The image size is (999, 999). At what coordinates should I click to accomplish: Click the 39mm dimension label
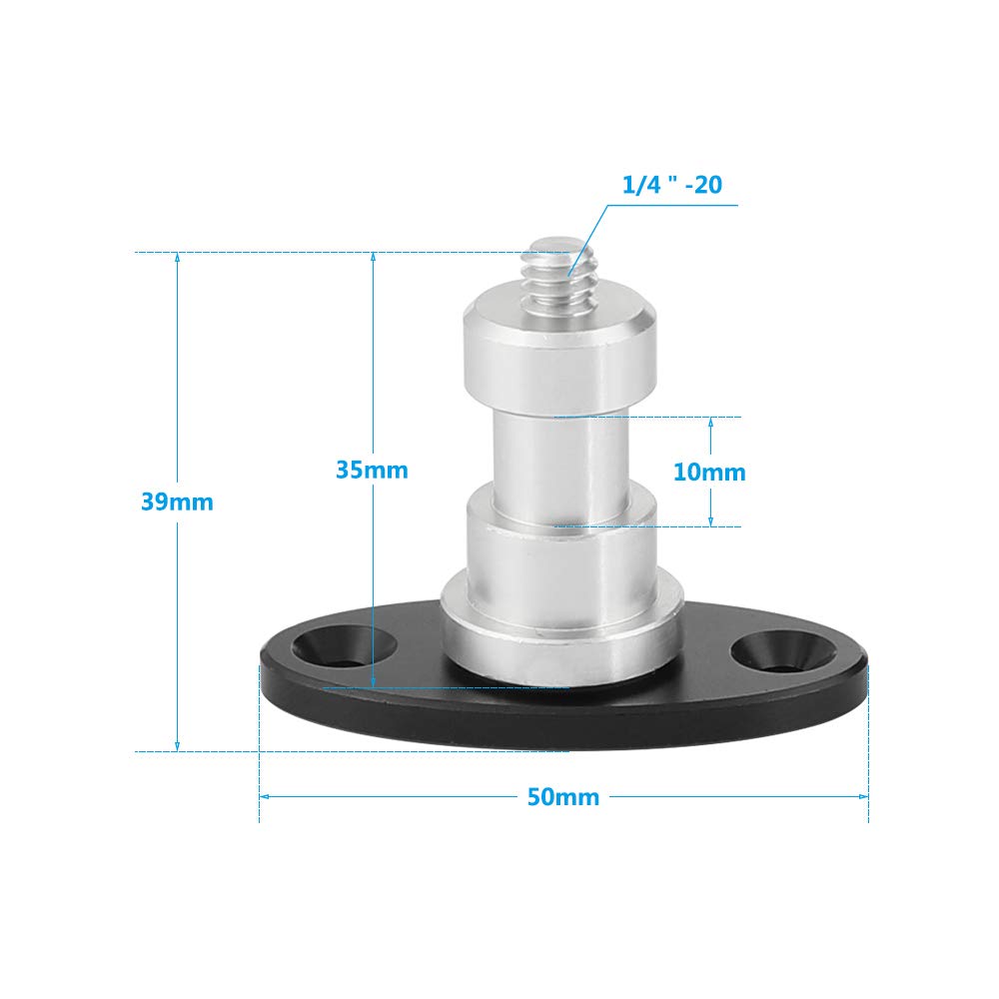[177, 502]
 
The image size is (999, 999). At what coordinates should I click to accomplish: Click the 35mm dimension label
[372, 470]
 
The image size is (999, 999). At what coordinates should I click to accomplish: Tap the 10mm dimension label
[709, 472]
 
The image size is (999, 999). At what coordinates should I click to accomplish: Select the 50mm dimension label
[562, 797]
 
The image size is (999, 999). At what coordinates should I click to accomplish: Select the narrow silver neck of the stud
[560, 450]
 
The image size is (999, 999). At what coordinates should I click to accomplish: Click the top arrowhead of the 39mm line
[178, 259]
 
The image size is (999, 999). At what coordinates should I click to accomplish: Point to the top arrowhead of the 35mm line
[372, 259]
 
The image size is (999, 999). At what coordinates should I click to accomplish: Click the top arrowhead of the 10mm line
[710, 423]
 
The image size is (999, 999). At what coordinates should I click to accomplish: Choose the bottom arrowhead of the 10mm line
[710, 520]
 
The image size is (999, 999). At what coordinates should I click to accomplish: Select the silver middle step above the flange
[561, 544]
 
